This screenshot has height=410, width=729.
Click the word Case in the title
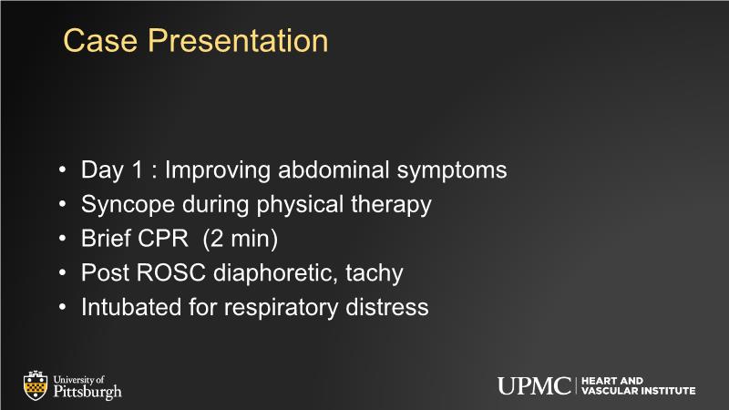click(100, 40)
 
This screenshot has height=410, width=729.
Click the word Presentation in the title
click(238, 40)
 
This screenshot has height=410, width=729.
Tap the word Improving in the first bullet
click(218, 170)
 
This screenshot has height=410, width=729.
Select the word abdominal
click(334, 169)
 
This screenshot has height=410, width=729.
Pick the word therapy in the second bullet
click(391, 205)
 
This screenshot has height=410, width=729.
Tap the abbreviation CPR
click(163, 239)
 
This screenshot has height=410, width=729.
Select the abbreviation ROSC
click(171, 272)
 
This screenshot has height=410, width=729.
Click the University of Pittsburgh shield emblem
click(36, 385)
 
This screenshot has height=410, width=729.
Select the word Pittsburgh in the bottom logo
click(87, 392)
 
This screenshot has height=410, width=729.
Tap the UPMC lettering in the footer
click(534, 386)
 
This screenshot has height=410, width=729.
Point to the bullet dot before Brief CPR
click(63, 239)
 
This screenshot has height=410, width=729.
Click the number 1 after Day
click(138, 169)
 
